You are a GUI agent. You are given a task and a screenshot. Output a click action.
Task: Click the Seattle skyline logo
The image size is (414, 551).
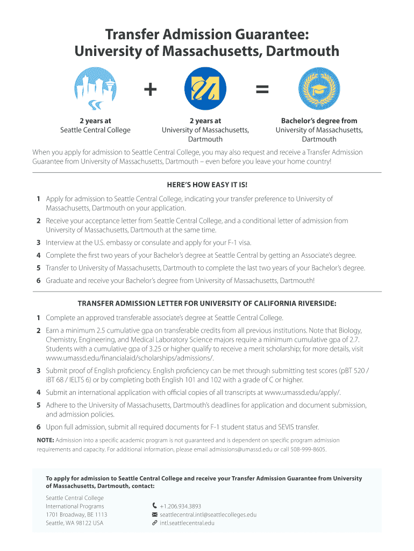coord(95,89)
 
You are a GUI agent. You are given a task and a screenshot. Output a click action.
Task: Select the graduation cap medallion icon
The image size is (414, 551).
coord(319,89)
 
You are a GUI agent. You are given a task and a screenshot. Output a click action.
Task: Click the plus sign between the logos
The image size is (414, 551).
coord(151,89)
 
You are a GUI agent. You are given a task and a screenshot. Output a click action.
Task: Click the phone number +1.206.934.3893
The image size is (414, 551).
coord(180,506)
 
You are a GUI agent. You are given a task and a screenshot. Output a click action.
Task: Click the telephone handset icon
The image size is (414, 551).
coord(155,506)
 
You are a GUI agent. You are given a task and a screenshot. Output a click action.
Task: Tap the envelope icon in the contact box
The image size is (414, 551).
coord(155,514)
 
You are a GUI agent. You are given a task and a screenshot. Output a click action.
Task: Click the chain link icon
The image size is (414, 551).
coord(155,522)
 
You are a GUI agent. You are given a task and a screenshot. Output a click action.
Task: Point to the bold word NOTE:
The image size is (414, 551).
coord(45,440)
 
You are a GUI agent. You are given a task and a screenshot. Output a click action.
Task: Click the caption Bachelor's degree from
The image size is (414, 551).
coord(319,121)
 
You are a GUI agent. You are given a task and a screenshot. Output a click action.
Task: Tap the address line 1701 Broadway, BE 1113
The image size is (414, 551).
coord(76,514)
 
